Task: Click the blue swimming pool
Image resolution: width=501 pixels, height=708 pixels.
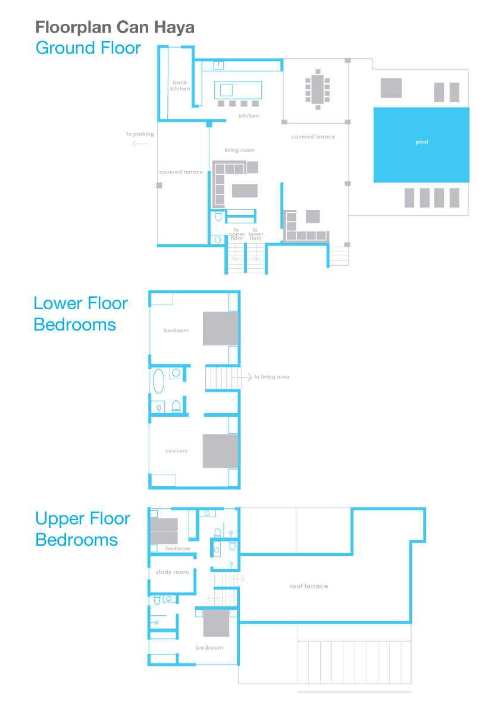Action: pyautogui.click(x=421, y=145)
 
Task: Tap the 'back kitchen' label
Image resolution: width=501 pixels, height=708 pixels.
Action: pyautogui.click(x=180, y=86)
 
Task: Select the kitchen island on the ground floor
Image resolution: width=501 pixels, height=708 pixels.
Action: pyautogui.click(x=237, y=90)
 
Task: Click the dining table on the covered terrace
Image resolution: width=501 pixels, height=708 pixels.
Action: pyautogui.click(x=318, y=89)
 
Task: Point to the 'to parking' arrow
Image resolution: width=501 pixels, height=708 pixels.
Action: pyautogui.click(x=140, y=144)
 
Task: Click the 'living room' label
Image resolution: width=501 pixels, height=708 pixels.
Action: pyautogui.click(x=239, y=150)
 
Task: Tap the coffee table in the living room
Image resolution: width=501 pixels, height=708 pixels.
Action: pyautogui.click(x=245, y=191)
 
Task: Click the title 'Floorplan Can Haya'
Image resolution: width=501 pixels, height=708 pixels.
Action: pyautogui.click(x=115, y=27)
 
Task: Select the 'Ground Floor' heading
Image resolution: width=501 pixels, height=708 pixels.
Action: pyautogui.click(x=88, y=48)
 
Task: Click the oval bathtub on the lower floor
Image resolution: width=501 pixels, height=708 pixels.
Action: pyautogui.click(x=158, y=381)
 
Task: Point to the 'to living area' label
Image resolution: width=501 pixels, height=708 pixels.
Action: pyautogui.click(x=271, y=376)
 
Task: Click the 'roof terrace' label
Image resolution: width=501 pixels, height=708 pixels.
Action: pyautogui.click(x=309, y=586)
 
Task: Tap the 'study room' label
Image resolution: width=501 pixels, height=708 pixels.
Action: pyautogui.click(x=172, y=572)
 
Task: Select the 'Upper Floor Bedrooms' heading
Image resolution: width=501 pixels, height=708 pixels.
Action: pyautogui.click(x=83, y=529)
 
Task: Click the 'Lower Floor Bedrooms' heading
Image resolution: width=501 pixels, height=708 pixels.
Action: pyautogui.click(x=81, y=314)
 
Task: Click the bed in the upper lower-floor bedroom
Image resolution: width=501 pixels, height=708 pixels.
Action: pyautogui.click(x=221, y=329)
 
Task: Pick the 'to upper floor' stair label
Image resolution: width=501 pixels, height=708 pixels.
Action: pyautogui.click(x=237, y=234)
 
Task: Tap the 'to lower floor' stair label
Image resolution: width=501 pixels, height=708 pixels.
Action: pyautogui.click(x=256, y=234)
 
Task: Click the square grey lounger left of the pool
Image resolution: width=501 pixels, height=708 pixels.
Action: pyautogui.click(x=391, y=88)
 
